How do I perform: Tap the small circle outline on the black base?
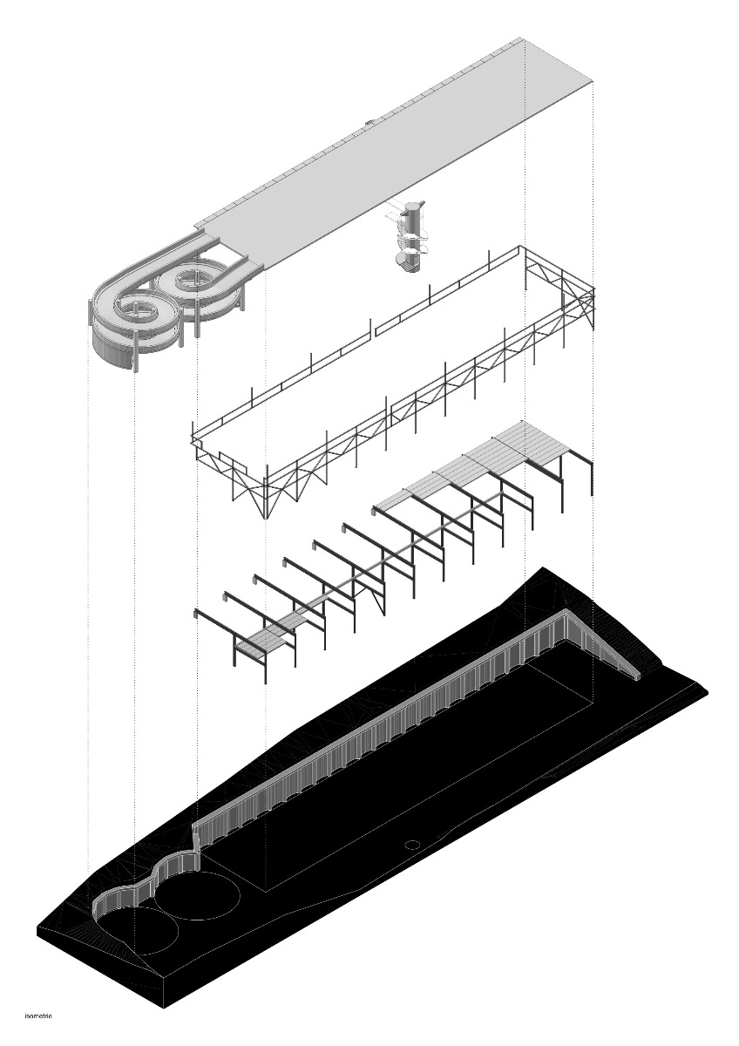[x=412, y=843]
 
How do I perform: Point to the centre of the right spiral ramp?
[x=193, y=281]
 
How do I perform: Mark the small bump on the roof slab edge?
[x=370, y=123]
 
